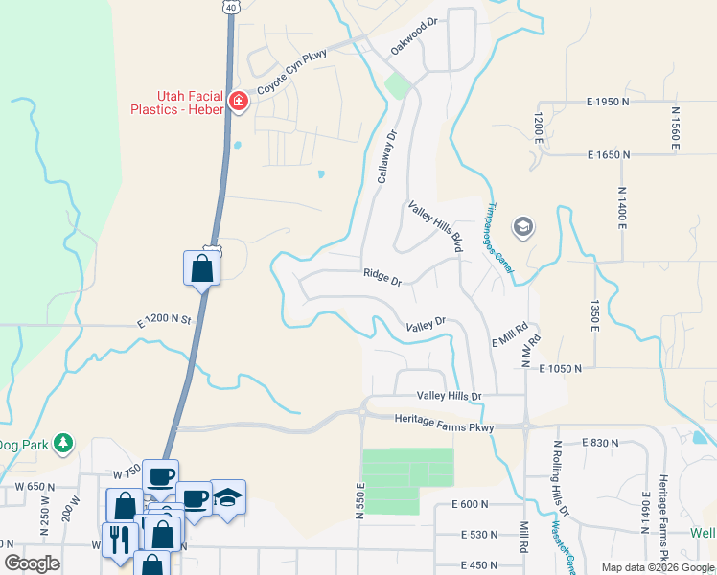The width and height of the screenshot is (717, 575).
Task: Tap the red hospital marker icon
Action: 239,102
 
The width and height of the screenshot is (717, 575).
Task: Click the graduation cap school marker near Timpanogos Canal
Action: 524,227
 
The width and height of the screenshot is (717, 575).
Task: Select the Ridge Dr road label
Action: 382,275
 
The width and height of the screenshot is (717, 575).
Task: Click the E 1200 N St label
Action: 165,319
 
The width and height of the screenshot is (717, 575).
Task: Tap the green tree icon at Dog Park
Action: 63,443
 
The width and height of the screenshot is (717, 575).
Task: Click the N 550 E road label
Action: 361,500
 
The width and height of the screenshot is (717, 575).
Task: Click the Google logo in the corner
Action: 33,563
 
